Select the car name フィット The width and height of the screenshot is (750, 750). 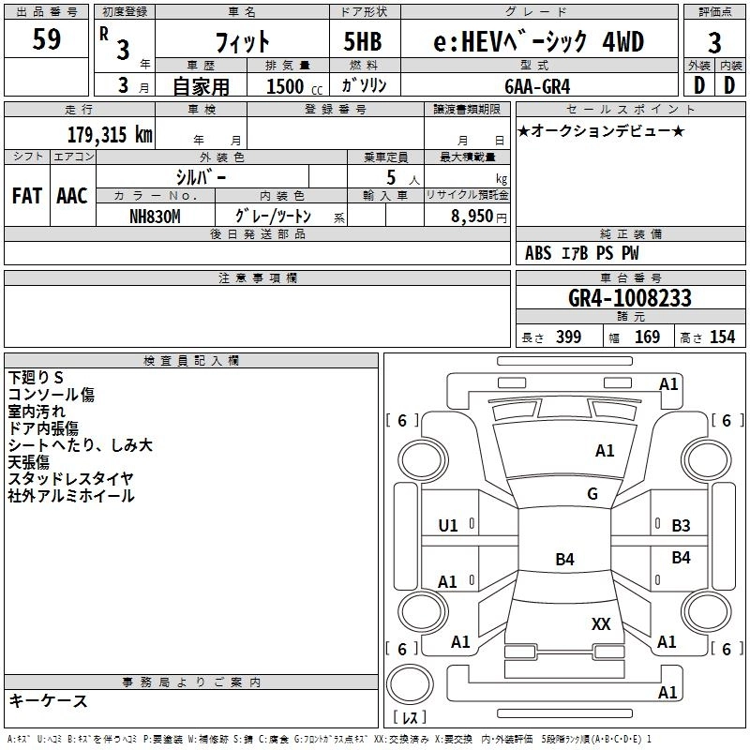(x=242, y=42)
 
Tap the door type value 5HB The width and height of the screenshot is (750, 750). (x=362, y=41)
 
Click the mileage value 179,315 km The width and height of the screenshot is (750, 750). (x=111, y=134)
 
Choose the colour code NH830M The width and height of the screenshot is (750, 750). (x=154, y=216)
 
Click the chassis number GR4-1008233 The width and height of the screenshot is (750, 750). (x=630, y=299)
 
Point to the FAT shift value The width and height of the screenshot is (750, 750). (x=27, y=195)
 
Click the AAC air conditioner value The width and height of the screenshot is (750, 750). (x=72, y=195)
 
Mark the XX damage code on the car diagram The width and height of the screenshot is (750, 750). (x=601, y=623)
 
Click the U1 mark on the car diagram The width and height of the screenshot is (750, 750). (x=448, y=525)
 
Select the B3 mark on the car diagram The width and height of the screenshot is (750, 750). (x=681, y=525)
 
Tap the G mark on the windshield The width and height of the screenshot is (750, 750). (x=592, y=494)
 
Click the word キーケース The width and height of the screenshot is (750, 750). (x=49, y=700)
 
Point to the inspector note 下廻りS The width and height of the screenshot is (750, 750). (x=36, y=377)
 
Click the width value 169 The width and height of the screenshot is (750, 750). (x=648, y=337)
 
